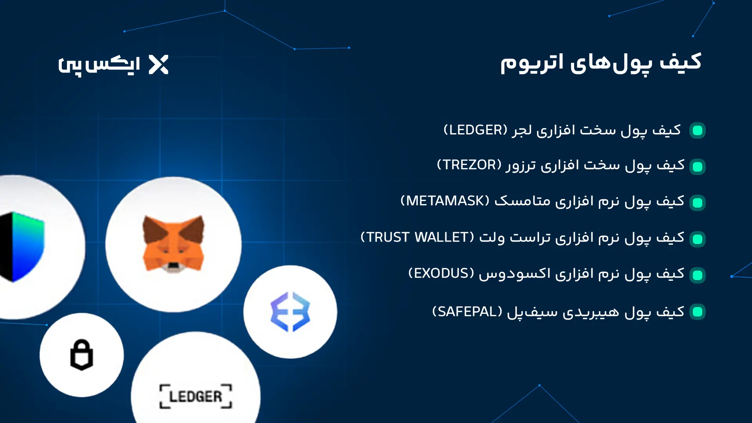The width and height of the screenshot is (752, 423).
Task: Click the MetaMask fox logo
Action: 174,244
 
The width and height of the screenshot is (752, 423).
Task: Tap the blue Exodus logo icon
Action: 290,312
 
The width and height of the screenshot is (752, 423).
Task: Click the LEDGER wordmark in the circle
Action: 195,396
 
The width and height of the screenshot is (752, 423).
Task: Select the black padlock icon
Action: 81,355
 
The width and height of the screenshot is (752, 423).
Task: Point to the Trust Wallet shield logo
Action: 22,247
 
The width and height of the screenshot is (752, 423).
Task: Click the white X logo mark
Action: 159,65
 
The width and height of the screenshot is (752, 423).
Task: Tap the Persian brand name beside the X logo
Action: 99,65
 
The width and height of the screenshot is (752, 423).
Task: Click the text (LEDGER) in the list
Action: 475,130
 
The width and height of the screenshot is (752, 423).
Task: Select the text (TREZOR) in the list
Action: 469,165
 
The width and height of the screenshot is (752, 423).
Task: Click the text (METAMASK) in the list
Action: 445,201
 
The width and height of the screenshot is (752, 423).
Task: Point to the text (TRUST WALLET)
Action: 417,237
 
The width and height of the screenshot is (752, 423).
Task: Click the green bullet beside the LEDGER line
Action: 698,130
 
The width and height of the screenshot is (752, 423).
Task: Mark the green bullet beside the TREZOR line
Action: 698,167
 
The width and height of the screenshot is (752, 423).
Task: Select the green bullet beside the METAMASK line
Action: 698,203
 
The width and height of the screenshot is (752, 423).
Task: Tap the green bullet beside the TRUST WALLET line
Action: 698,239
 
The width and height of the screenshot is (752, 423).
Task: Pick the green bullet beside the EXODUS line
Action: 698,275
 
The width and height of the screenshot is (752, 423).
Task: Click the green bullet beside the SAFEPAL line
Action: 698,312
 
